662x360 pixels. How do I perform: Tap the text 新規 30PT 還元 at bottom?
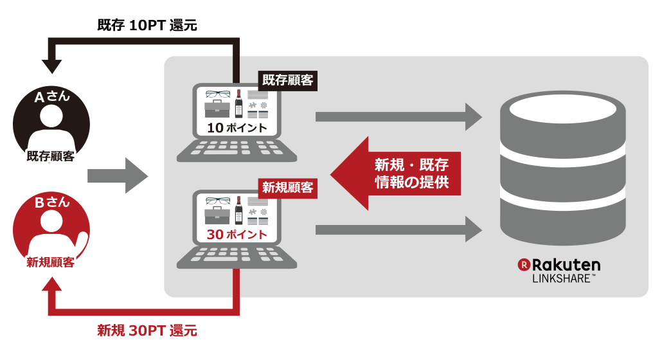(x=147, y=331)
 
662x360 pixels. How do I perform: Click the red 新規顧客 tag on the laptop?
(x=287, y=188)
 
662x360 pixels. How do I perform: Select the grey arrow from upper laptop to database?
(x=398, y=116)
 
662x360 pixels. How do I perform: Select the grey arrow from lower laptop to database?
(x=398, y=230)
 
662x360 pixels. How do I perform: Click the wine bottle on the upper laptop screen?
(x=238, y=104)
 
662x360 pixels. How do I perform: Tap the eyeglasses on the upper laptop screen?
(x=217, y=94)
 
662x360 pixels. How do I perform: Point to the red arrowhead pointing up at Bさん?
(x=51, y=284)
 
